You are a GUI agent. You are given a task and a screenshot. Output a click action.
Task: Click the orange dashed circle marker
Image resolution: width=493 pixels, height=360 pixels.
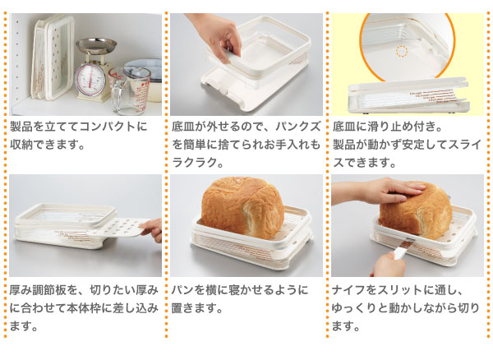tap(401, 51)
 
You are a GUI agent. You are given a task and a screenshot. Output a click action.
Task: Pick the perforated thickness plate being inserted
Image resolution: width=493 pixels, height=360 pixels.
tap(123, 229)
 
